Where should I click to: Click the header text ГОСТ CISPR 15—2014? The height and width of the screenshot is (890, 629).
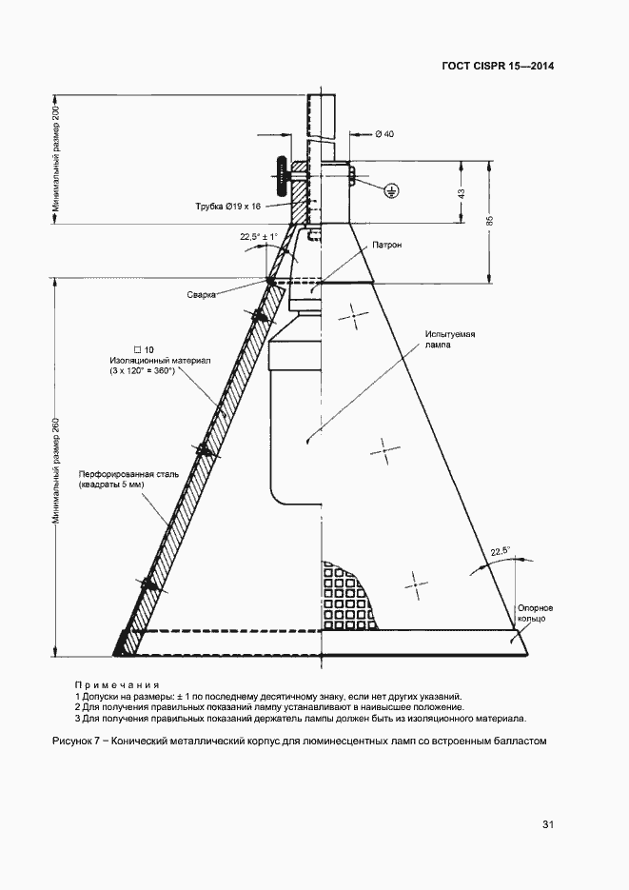[498, 66]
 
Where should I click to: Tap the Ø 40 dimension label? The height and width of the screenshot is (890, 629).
[384, 134]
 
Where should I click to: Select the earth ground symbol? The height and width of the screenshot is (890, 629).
[390, 191]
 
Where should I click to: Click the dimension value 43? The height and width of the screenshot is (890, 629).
[462, 193]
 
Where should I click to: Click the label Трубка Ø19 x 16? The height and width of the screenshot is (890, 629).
[228, 206]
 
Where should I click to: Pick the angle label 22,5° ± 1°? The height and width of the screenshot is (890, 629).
[259, 237]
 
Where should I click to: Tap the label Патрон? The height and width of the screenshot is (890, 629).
[386, 246]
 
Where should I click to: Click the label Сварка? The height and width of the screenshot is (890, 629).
[202, 294]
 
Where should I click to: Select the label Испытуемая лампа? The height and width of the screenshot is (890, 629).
[450, 339]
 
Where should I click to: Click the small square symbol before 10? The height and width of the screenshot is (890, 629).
[137, 349]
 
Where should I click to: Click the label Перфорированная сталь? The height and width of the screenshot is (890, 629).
[128, 475]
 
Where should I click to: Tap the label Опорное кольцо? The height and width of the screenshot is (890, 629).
[535, 613]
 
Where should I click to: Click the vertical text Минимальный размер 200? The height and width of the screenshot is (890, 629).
[55, 160]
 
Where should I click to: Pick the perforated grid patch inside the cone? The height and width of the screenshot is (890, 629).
[344, 596]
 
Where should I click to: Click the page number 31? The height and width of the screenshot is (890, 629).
[547, 824]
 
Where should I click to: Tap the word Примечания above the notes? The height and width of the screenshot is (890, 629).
[117, 684]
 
